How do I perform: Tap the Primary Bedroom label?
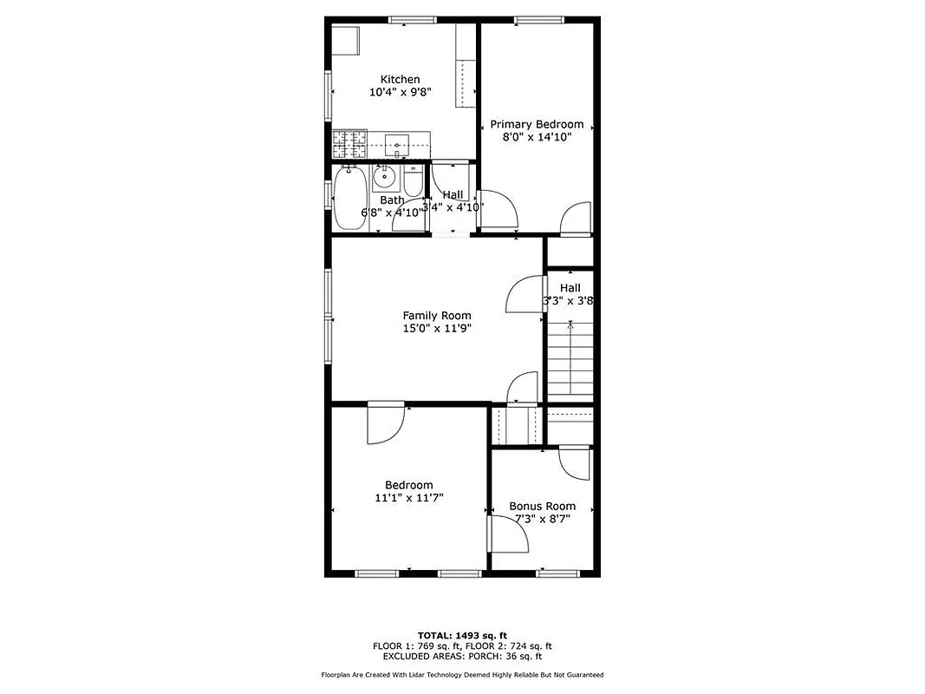pyautogui.click(x=537, y=124)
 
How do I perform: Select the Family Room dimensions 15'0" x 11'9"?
pyautogui.click(x=436, y=328)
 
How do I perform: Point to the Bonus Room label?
pyautogui.click(x=542, y=506)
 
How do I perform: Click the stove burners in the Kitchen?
pyautogui.click(x=350, y=139)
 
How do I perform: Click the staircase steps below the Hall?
pyautogui.click(x=570, y=361)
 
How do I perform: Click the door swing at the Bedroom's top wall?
pyautogui.click(x=387, y=422)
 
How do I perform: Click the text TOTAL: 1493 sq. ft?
pyautogui.click(x=462, y=635)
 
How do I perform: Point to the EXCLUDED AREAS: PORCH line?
pyautogui.click(x=462, y=657)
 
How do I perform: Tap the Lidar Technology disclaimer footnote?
pyautogui.click(x=462, y=674)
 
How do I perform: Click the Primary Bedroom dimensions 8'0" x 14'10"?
pyautogui.click(x=537, y=136)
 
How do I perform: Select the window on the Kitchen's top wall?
pyautogui.click(x=412, y=20)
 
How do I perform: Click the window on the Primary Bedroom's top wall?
pyautogui.click(x=537, y=20)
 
